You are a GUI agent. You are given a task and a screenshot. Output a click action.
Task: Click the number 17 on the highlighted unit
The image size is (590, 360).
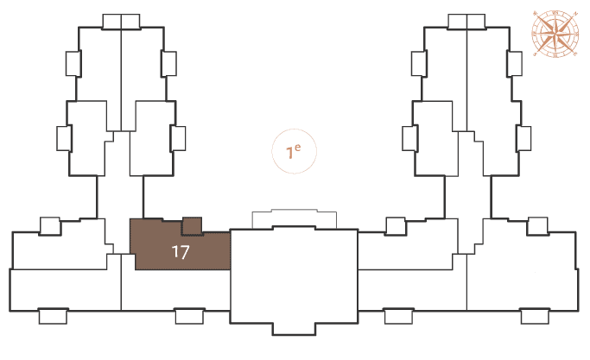click(181, 252)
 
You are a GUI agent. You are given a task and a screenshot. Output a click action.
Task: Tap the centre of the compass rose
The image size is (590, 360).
click(555, 34)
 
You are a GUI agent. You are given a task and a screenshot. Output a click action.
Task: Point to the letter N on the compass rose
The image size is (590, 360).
click(574, 14)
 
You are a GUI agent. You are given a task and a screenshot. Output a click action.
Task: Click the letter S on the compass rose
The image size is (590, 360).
click(536, 54)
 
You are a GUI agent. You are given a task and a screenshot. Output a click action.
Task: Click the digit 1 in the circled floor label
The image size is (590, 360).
click(289, 153)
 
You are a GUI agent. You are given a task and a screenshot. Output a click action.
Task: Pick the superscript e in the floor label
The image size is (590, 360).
click(298, 148)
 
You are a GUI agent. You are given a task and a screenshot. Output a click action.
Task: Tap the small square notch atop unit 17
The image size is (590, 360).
click(192, 226)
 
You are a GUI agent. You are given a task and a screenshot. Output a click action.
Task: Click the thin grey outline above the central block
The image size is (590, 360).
click(295, 210)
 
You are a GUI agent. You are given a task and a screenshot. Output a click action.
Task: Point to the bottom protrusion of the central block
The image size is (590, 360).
click(294, 329)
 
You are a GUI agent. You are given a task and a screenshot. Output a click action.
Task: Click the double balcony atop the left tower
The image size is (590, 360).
click(121, 22)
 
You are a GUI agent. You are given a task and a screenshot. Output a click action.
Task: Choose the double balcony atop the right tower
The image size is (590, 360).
click(466, 22)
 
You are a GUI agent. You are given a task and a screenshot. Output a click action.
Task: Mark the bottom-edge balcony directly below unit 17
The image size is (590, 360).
click(190, 316)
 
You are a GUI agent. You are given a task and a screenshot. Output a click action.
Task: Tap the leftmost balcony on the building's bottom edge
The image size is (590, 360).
click(53, 316)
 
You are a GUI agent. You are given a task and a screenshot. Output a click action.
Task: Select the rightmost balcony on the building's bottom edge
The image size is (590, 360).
click(535, 316)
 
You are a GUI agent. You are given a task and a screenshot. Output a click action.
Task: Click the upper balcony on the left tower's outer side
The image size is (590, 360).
click(73, 64)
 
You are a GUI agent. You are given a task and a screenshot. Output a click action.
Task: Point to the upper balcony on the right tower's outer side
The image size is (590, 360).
click(514, 64)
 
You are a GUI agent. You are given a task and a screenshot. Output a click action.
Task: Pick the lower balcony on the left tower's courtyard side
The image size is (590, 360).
click(178, 138)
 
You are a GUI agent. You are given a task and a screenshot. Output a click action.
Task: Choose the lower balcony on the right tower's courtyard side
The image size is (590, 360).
click(409, 138)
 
